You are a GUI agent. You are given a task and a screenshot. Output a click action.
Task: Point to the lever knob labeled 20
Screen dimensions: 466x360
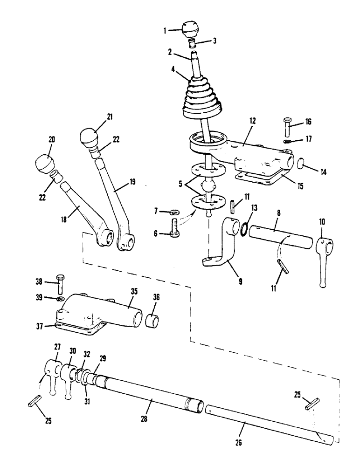pyautogui.click(x=45, y=163)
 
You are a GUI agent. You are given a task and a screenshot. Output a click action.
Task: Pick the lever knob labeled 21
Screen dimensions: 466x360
pyautogui.click(x=90, y=135)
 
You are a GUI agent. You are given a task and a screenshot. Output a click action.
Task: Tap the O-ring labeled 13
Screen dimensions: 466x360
pyautogui.click(x=242, y=229)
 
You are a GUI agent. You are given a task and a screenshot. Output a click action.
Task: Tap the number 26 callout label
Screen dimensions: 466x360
pyautogui.click(x=245, y=439)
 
